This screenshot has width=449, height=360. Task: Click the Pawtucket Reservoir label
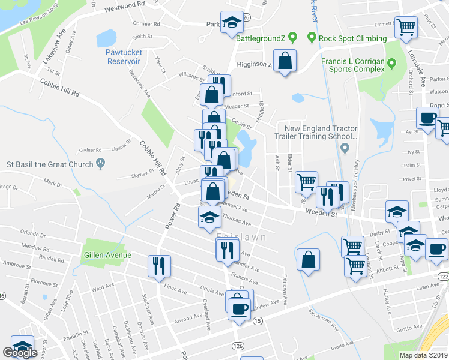124,56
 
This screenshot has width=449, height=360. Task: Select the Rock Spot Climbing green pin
312,38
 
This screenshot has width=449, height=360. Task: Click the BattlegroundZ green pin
292,38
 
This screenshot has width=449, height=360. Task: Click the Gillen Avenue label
108,255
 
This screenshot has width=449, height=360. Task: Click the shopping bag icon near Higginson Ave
285,60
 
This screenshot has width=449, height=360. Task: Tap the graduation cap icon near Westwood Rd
232,22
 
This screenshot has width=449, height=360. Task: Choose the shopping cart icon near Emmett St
406,26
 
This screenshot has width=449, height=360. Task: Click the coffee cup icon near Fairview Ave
240,308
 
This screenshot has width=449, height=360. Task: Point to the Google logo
20,353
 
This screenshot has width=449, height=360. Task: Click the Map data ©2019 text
423,355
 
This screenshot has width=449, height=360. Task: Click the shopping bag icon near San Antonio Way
308,259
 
